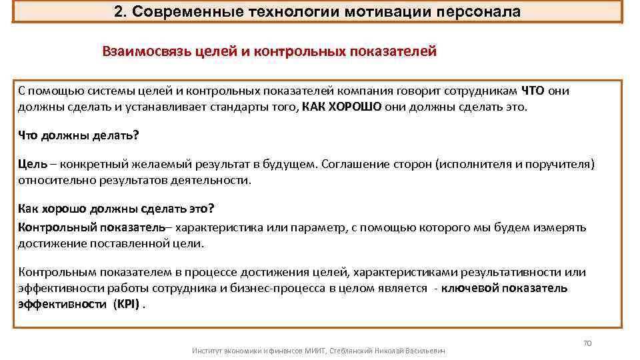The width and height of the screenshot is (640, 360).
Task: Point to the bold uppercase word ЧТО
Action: [x=533, y=91]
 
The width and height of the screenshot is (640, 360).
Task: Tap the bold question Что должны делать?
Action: [x=78, y=135]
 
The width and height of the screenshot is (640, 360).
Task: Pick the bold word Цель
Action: [x=32, y=164]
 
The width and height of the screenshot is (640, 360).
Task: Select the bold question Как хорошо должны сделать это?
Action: [x=116, y=208]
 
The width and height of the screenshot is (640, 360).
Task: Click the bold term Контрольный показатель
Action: [x=91, y=227]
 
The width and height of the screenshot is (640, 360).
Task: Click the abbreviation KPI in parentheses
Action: [x=126, y=304]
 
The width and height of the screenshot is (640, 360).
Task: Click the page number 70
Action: [x=587, y=343]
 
